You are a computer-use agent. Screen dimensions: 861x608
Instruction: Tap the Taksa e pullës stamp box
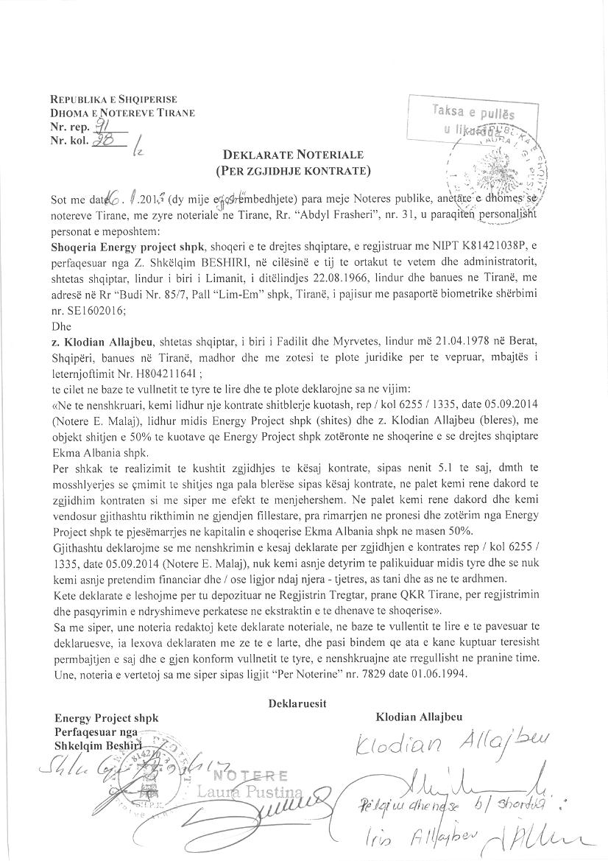pyautogui.click(x=473, y=120)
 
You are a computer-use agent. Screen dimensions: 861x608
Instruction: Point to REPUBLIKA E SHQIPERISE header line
pyautogui.click(x=113, y=99)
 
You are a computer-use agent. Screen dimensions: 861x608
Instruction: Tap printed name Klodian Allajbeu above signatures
pyautogui.click(x=420, y=717)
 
